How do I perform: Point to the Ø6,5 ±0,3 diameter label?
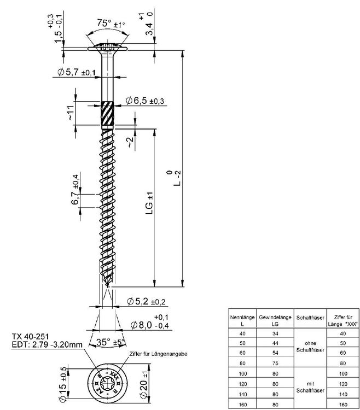(145, 101)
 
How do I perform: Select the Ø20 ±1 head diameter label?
(144, 380)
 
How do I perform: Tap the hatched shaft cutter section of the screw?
(108, 114)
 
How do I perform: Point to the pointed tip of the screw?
(108, 286)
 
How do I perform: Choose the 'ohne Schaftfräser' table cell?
(310, 345)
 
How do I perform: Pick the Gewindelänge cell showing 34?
(275, 333)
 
